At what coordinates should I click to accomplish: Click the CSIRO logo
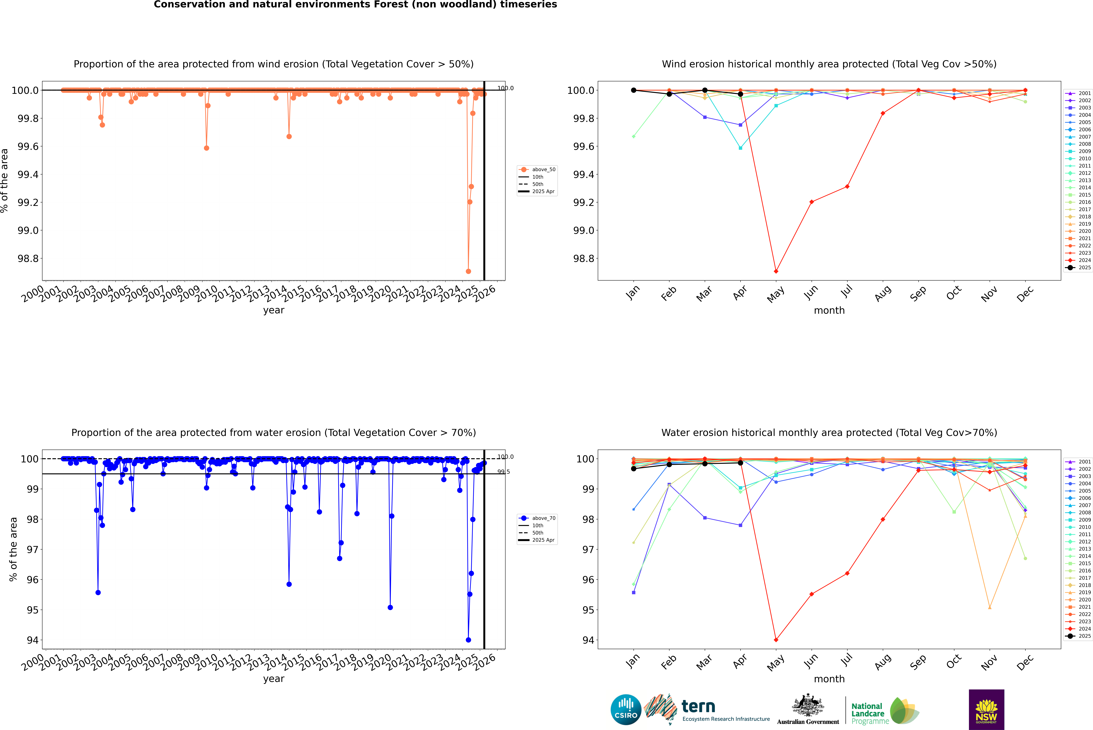626,710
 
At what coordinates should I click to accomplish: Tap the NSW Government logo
986,710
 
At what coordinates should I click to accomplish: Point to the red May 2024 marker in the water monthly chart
776,640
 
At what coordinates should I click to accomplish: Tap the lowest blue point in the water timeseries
468,640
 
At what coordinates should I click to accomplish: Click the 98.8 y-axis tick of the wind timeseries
28,258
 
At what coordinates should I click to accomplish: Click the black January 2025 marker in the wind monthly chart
634,90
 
